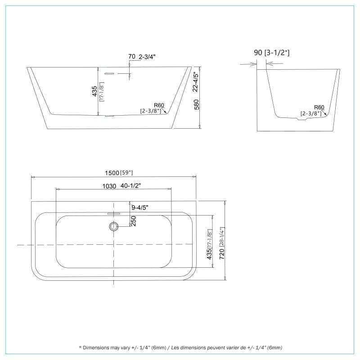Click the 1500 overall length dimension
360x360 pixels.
(112, 173)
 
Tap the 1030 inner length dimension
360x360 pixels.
(109, 186)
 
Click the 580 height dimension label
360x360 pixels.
(197, 104)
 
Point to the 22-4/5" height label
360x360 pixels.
(195, 82)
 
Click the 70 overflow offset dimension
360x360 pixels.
(132, 56)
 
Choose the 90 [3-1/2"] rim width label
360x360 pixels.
(272, 53)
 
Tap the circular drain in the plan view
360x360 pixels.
(114, 226)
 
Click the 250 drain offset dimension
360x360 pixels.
(133, 221)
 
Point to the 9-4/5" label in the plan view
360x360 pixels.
(140, 207)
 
